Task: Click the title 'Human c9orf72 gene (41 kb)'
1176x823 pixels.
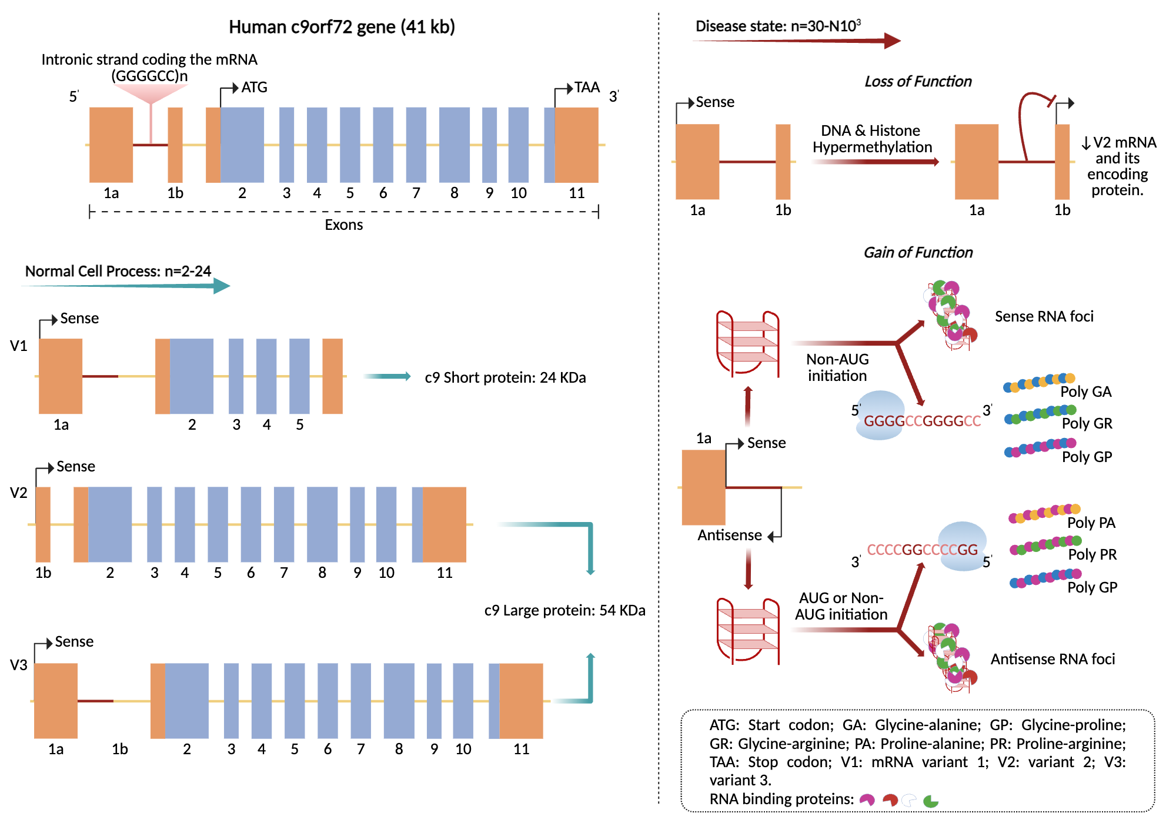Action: tap(342, 27)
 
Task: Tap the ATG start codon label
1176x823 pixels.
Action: tap(254, 88)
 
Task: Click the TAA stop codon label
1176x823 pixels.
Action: tap(586, 88)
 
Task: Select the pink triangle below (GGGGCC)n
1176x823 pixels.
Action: tap(151, 93)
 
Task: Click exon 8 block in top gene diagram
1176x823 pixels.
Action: tap(454, 145)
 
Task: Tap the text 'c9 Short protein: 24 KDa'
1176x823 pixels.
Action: tap(505, 377)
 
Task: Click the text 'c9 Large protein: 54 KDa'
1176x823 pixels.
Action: tap(564, 610)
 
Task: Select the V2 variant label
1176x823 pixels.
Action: tap(19, 493)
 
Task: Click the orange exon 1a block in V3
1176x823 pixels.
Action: tap(56, 701)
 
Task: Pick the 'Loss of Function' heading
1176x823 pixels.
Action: tap(918, 82)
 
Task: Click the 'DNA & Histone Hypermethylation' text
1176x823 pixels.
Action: tap(872, 139)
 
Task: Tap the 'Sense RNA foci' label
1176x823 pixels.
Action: tap(1044, 316)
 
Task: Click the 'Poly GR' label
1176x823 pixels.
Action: tap(1087, 423)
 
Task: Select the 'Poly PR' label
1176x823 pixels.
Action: tap(1092, 554)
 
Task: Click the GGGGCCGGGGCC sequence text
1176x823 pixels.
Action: tap(922, 421)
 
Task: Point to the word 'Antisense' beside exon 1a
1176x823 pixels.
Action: tap(729, 535)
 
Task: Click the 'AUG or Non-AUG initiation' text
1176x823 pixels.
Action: tap(841, 606)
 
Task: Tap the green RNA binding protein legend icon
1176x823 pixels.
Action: tap(930, 801)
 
